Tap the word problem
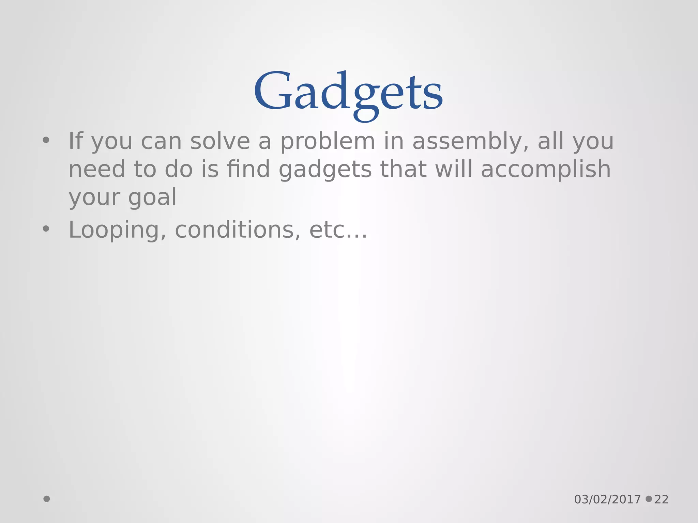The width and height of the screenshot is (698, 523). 328,142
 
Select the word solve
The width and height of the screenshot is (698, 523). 220,141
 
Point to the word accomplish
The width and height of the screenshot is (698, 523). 546,170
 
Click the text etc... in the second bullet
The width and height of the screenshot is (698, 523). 338,230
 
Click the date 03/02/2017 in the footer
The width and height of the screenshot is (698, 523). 607,500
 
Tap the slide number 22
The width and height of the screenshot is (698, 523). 662,500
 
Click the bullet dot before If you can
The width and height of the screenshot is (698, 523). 46,140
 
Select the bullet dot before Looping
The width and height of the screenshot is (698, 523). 46,229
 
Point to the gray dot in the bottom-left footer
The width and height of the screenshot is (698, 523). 47,499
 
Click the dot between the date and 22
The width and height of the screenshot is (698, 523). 649,499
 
